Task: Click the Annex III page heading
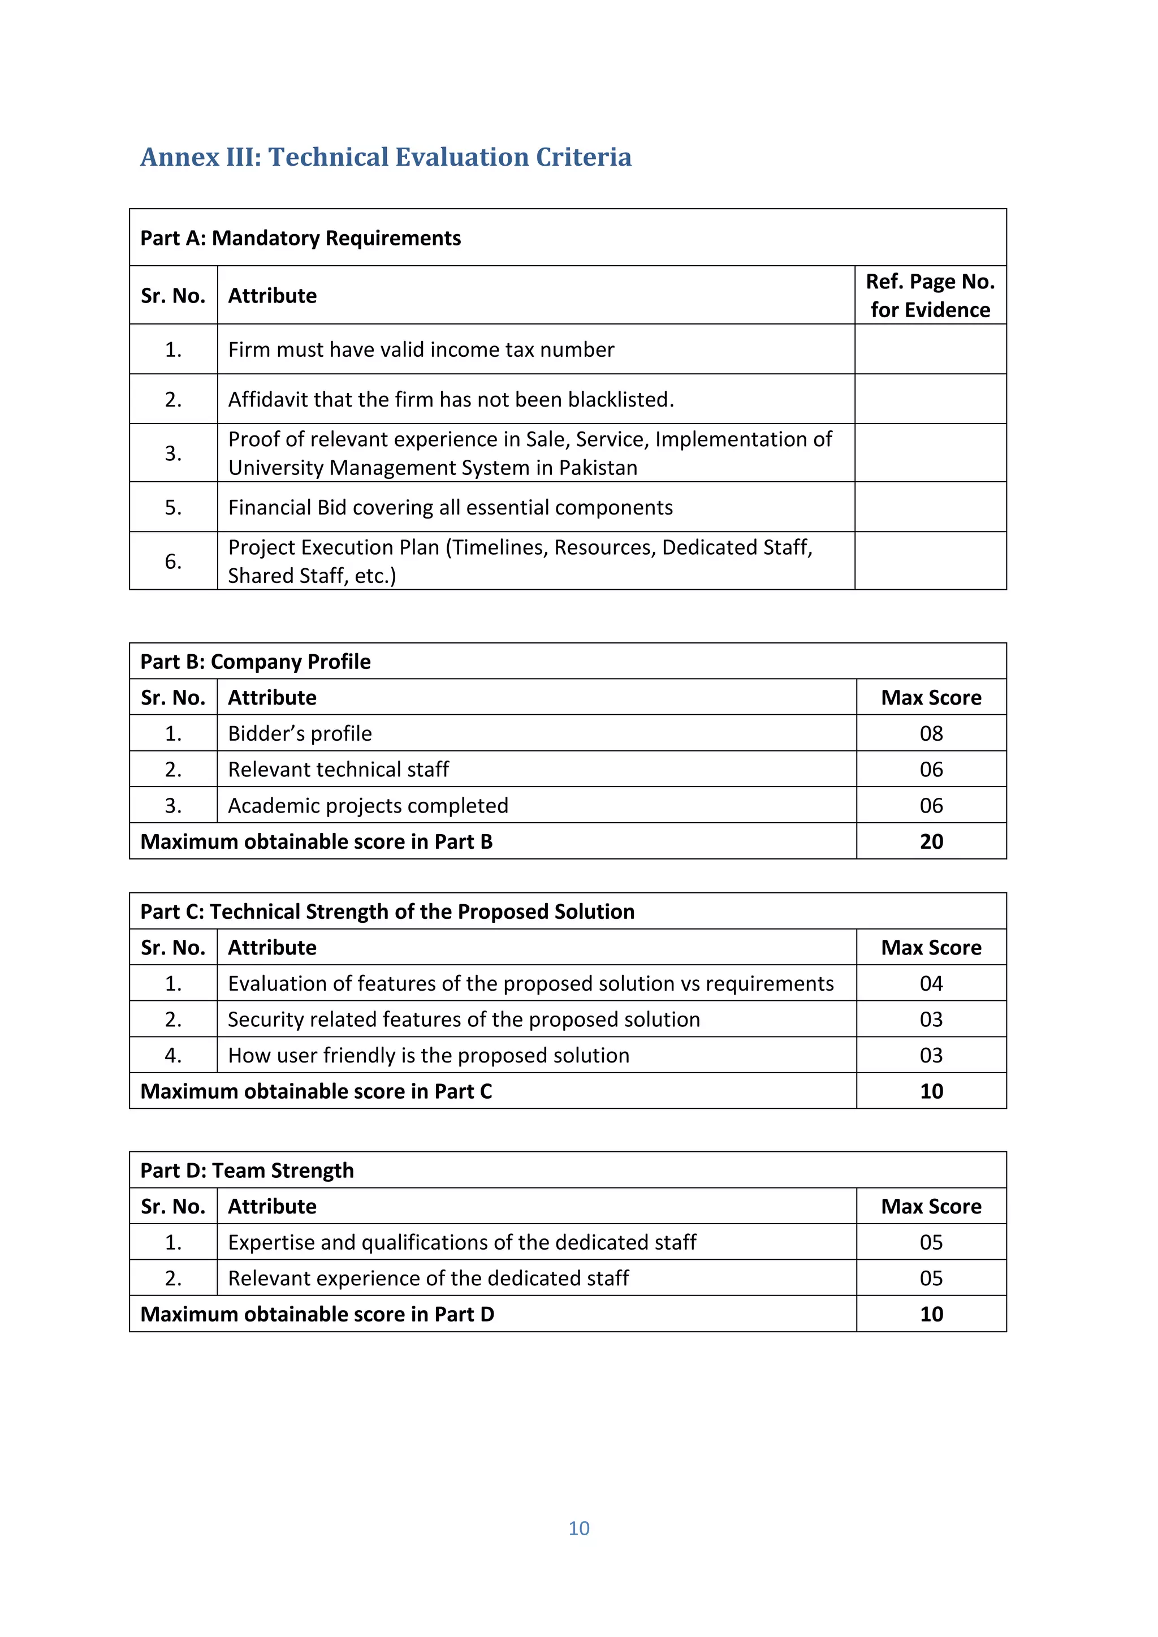386,157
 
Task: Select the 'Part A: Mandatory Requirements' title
300,238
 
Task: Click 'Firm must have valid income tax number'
421,350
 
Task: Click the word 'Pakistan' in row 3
598,468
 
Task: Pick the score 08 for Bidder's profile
931,733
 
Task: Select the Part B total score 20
931,842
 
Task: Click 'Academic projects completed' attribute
368,806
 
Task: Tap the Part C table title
387,912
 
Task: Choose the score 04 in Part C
931,984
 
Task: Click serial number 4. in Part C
173,1056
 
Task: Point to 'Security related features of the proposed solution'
464,1020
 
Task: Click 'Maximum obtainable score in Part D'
317,1315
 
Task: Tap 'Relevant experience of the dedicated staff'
428,1278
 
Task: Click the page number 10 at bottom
578,1528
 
